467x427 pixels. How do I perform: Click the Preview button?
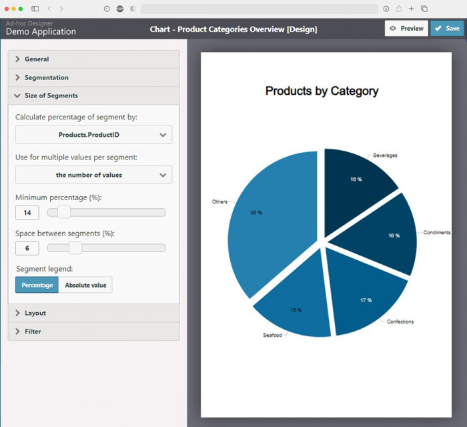point(406,29)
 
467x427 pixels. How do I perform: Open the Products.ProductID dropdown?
point(93,135)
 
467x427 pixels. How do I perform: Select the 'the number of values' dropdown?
point(93,175)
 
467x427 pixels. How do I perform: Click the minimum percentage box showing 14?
point(27,213)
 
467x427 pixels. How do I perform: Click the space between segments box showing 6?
point(27,248)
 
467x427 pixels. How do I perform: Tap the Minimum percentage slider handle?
point(64,212)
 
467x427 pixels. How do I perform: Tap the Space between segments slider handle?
point(75,248)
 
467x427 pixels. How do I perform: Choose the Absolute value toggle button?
point(85,285)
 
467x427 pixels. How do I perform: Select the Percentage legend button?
point(37,285)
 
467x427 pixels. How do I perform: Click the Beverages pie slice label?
point(385,155)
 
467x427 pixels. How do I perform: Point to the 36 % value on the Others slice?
point(256,212)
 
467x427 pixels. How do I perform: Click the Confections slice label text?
point(400,322)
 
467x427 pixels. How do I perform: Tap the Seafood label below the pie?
point(272,335)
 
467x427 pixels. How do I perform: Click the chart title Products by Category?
point(322,91)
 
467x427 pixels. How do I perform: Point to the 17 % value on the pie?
point(366,300)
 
